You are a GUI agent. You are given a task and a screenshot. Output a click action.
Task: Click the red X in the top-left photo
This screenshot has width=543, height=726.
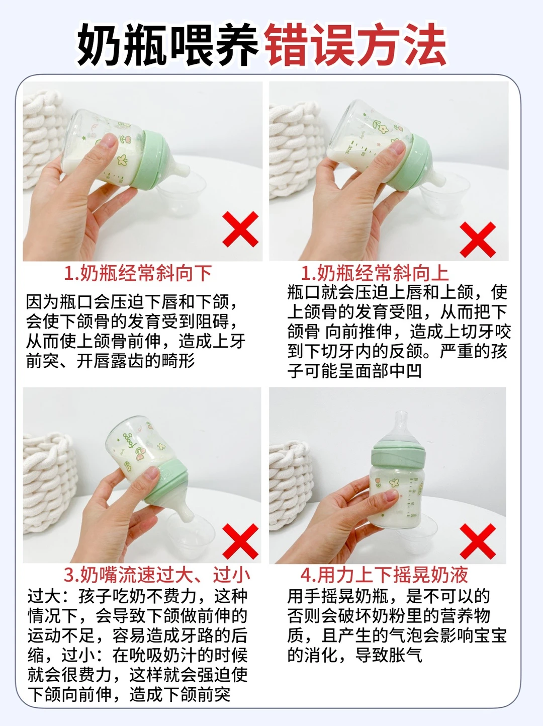click(240, 229)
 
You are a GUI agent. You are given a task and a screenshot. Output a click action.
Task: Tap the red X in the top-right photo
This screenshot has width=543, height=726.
click(478, 239)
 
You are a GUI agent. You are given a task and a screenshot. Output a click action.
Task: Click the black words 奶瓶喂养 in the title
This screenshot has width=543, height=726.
click(167, 45)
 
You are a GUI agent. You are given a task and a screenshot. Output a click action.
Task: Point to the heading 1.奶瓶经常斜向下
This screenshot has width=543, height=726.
click(138, 273)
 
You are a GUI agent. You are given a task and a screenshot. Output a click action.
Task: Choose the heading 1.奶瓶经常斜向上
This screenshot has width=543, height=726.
click(375, 273)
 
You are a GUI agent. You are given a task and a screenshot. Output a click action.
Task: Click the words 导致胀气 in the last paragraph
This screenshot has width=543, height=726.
click(389, 655)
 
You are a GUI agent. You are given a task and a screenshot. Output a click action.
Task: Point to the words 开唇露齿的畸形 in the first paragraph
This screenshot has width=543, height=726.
click(136, 361)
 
